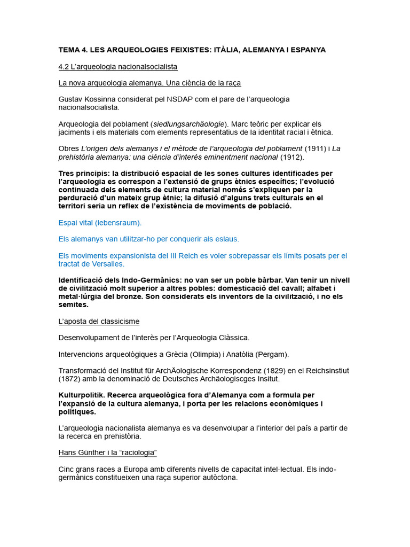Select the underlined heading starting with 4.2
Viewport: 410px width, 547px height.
tap(117, 67)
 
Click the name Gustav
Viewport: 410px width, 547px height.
tap(72, 99)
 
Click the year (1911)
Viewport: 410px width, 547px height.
tap(313, 149)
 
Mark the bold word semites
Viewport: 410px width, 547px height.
tap(73, 305)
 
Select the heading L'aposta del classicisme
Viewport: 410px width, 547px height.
tap(99, 322)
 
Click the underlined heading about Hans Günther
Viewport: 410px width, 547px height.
tap(107, 453)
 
